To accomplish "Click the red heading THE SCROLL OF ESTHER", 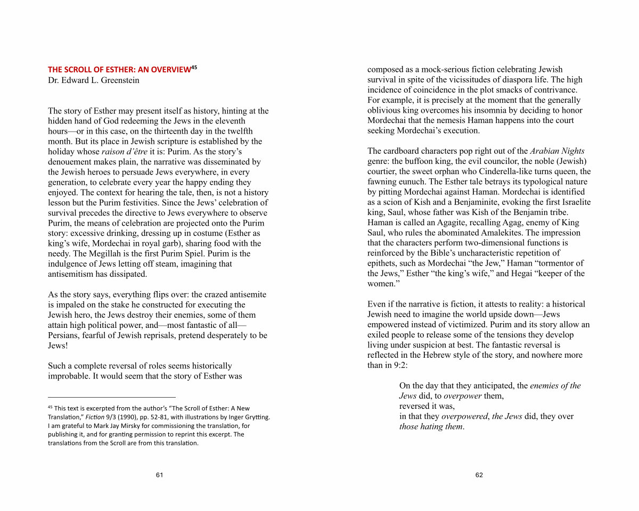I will click(119, 70).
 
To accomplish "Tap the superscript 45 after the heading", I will click(194, 67).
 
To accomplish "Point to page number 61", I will click(159, 475).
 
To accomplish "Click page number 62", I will click(479, 475).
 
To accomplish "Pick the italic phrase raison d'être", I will click(125, 152).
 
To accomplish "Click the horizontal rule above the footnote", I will click(111, 397).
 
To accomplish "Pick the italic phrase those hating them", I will click(431, 426).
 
